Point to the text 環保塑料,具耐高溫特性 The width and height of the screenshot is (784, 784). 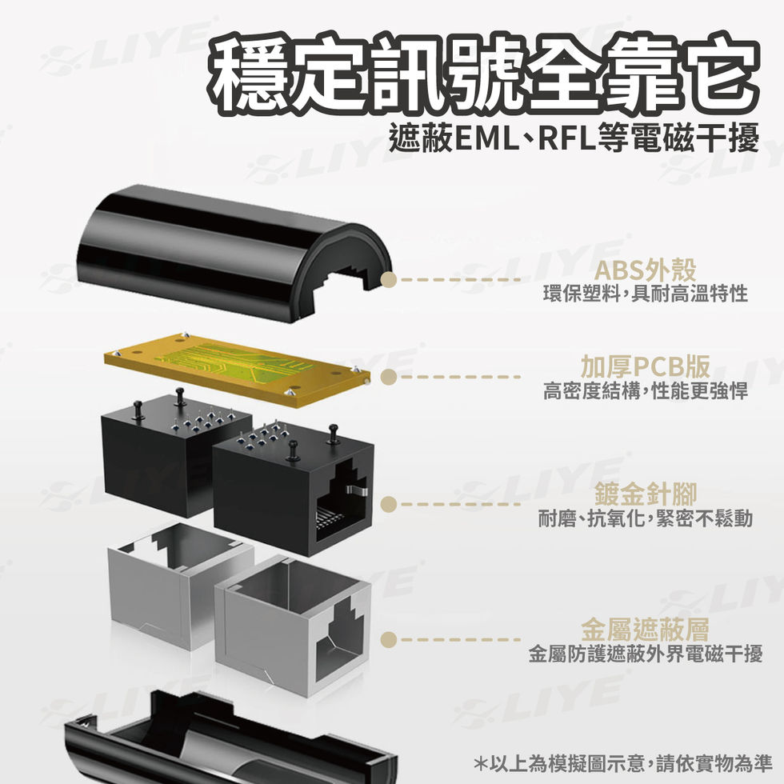click(x=645, y=294)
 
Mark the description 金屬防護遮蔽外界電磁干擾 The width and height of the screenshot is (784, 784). click(x=645, y=654)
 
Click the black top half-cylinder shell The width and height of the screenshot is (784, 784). click(x=232, y=248)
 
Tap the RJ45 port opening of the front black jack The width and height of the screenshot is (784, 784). click(x=340, y=504)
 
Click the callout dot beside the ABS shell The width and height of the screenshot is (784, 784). click(x=389, y=279)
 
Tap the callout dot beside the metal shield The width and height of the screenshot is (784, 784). click(x=389, y=638)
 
